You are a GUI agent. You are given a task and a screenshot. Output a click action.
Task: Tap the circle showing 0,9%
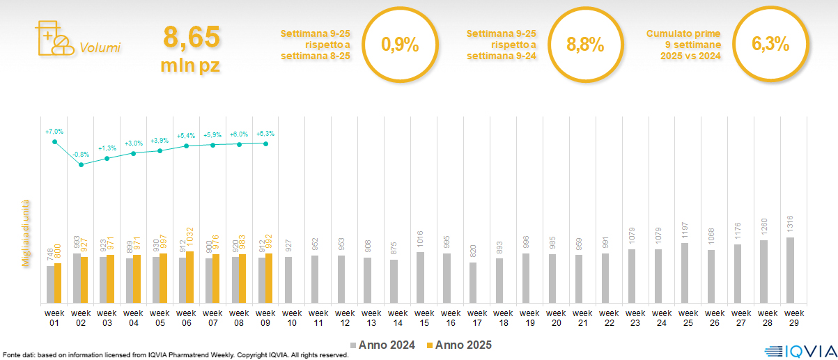[400, 45]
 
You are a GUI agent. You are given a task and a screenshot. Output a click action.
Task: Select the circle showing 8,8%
[584, 45]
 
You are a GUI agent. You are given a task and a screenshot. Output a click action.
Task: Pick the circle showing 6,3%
[770, 45]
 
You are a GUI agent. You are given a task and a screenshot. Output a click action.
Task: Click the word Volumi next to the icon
[100, 48]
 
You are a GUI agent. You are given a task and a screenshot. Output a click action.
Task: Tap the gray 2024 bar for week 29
[790, 270]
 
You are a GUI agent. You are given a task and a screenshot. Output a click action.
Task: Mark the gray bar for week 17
[473, 283]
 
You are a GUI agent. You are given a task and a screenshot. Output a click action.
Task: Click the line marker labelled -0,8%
[81, 164]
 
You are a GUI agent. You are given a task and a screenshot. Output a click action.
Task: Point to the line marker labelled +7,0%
[54, 142]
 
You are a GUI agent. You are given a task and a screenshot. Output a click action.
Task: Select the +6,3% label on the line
[265, 134]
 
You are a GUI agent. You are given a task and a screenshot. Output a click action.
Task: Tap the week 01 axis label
[54, 318]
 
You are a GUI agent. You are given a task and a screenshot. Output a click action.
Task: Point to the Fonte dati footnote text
[174, 355]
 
